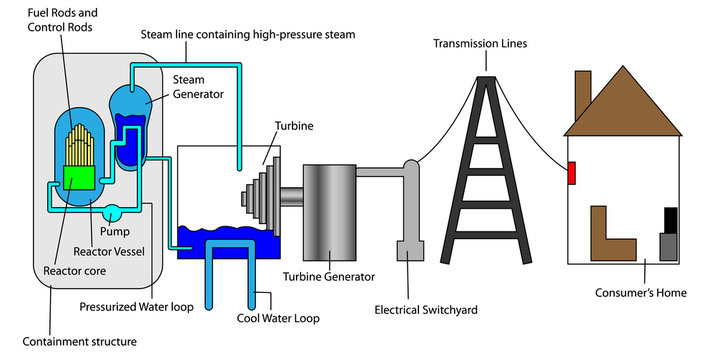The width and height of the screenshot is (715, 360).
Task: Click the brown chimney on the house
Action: tap(581, 95)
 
